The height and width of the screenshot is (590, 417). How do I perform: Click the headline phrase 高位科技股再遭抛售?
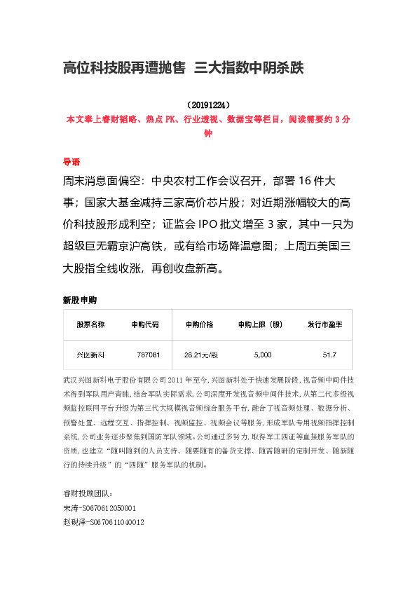(x=124, y=68)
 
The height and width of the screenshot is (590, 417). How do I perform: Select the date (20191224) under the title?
(x=208, y=105)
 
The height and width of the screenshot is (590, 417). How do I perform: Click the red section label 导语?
(x=71, y=160)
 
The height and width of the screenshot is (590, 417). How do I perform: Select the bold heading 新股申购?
(x=80, y=300)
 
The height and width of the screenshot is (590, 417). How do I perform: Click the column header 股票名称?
(x=90, y=324)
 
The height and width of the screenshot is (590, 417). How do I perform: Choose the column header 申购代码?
(x=145, y=324)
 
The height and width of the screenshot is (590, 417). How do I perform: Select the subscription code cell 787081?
(x=149, y=355)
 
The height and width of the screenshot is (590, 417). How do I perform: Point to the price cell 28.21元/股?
(x=201, y=355)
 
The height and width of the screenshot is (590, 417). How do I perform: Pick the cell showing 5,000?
(x=263, y=355)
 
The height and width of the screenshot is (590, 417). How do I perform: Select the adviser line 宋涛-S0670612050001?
(x=100, y=508)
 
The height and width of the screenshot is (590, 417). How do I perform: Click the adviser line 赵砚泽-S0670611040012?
(x=104, y=521)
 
